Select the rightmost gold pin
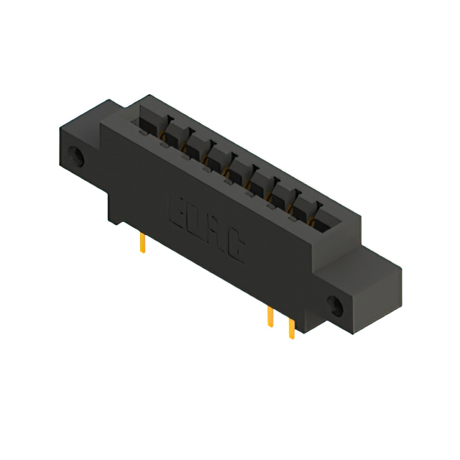coord(291,328)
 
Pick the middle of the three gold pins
coord(270,316)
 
